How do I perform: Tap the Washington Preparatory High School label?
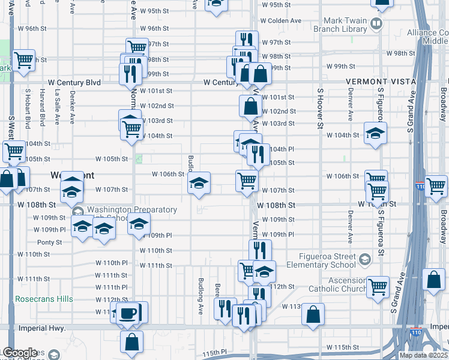point(132,214)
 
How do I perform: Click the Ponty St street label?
point(50,242)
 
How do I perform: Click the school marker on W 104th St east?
point(375,133)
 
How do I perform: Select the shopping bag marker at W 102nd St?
point(250,106)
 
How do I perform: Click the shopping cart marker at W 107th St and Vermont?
point(247,179)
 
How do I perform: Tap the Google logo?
point(20,353)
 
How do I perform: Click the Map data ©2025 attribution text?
point(423,355)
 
